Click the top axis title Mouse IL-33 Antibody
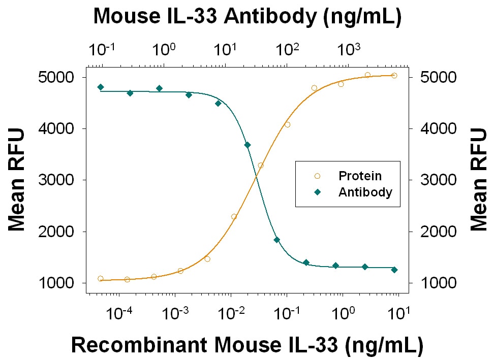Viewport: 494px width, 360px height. tap(248, 16)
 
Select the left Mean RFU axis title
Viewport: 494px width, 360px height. tap(17, 180)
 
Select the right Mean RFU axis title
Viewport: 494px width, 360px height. tap(479, 180)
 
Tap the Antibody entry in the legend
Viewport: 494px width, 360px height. tap(365, 192)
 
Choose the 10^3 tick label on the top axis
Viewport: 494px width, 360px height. tap(350, 50)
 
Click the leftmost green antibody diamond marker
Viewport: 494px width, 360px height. tap(101, 87)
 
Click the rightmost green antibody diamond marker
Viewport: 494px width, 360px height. tap(394, 270)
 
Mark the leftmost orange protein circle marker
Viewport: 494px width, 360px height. tap(101, 278)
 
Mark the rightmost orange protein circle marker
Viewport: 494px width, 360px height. tap(394, 76)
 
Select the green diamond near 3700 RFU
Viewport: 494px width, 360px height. tap(248, 145)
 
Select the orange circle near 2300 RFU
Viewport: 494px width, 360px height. tap(234, 216)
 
